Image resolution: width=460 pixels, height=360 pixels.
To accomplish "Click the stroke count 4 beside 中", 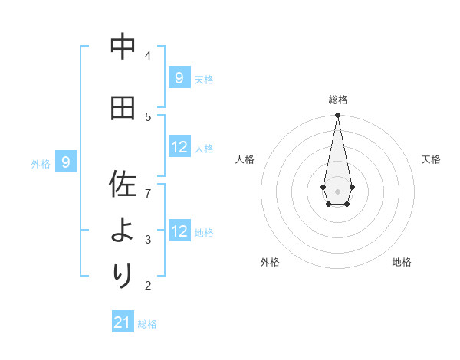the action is point(148,55).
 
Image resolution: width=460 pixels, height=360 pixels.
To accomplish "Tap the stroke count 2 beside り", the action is point(148,286).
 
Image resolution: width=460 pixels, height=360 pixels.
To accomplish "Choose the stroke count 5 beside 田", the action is point(148,116).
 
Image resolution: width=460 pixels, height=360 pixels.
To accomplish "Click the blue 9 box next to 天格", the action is point(179,77).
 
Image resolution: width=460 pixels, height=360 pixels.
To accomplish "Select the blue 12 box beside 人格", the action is point(179,147).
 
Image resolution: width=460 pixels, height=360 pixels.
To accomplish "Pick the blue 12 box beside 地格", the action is point(179,231).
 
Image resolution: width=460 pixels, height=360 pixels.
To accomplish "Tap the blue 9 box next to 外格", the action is point(66,162).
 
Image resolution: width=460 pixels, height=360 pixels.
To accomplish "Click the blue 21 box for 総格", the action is point(123,322).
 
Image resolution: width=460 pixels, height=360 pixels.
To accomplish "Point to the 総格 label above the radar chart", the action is point(338,100).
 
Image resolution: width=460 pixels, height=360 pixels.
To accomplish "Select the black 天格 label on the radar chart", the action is point(431,159).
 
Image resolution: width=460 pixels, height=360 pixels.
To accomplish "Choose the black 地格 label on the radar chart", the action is point(402,262).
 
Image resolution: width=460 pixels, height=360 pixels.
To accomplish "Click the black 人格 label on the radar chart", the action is point(245,159).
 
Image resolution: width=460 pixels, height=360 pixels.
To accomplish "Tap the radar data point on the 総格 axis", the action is point(337,116).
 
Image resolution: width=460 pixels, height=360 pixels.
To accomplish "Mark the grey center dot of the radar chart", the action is point(337,191).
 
